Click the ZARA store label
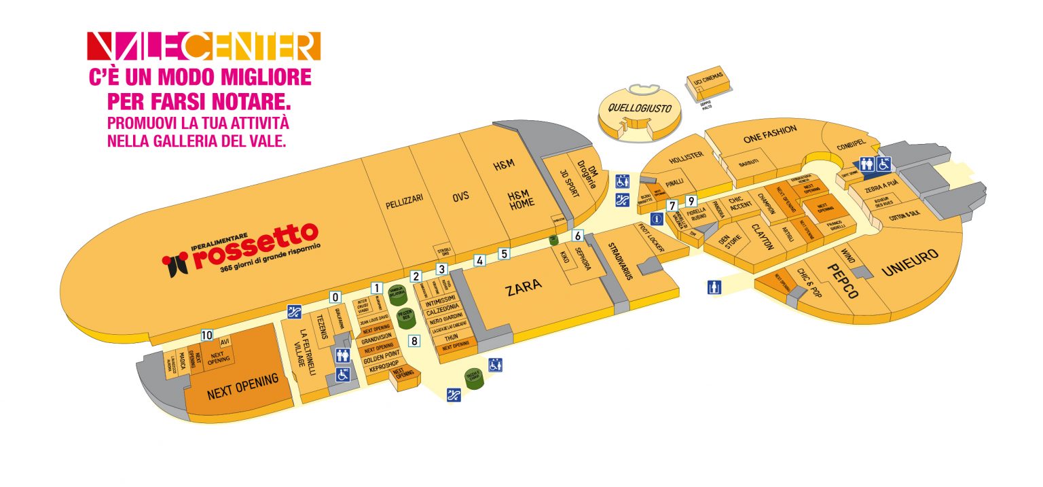click(x=524, y=287)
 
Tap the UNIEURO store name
click(x=910, y=263)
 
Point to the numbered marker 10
click(x=207, y=335)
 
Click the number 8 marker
click(x=414, y=340)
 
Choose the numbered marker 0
click(x=335, y=297)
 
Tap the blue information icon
click(x=657, y=219)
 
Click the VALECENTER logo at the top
click(x=204, y=46)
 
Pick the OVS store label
click(x=461, y=196)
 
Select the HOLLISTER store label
click(x=685, y=158)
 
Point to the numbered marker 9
click(x=691, y=200)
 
